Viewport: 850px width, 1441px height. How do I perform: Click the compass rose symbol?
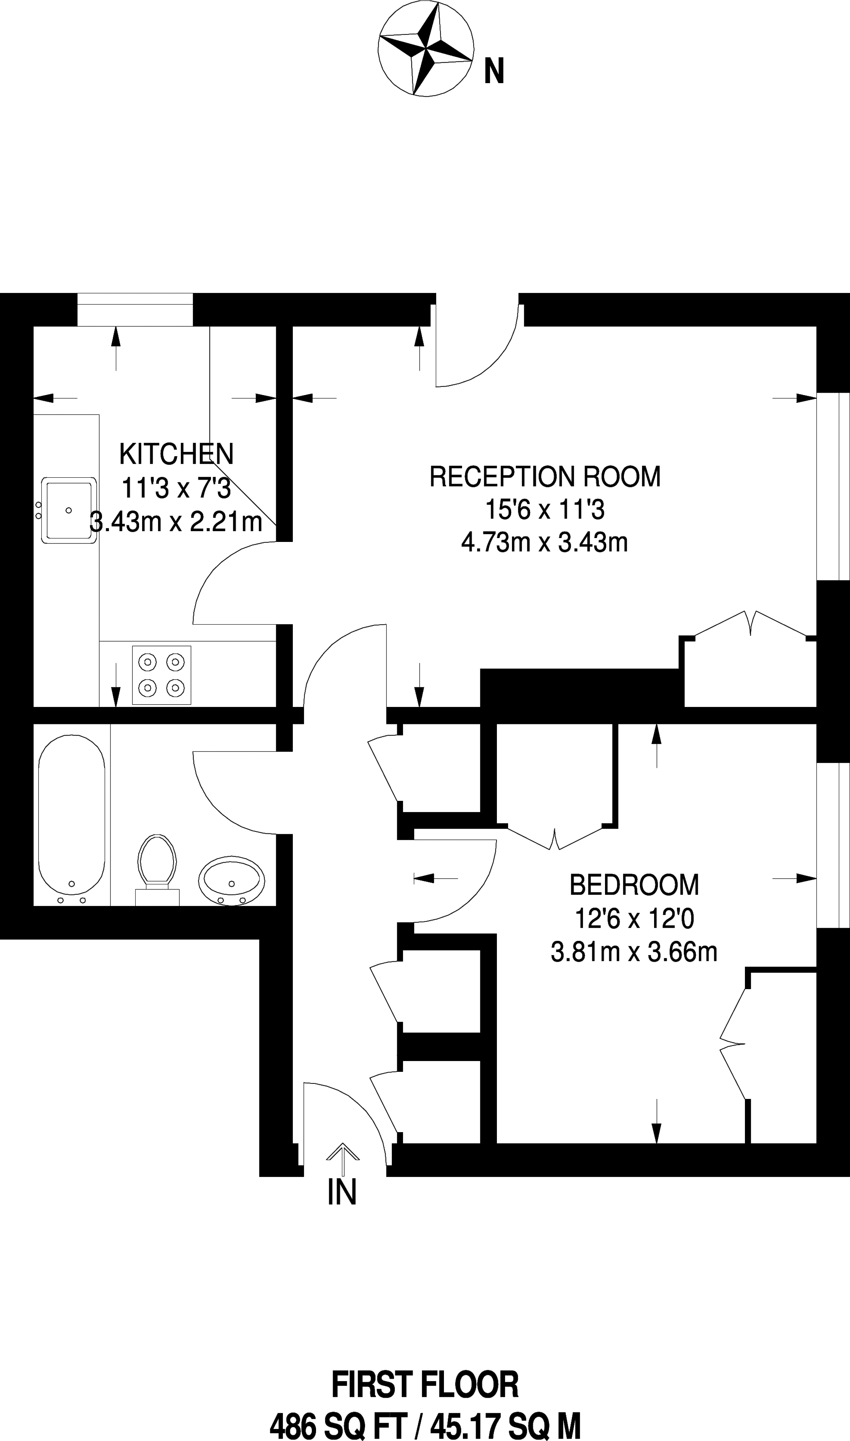click(x=425, y=49)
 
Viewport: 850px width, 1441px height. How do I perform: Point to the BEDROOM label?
click(x=634, y=885)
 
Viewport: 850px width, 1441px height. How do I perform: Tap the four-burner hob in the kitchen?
click(x=161, y=675)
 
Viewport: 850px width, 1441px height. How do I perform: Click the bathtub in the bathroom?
click(x=71, y=814)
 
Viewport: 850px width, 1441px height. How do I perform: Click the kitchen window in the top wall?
click(x=135, y=309)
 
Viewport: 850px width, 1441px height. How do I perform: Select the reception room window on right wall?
click(x=832, y=487)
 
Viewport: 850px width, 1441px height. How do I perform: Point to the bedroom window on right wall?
click(x=832, y=845)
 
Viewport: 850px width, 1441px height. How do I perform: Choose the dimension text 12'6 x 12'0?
click(x=634, y=919)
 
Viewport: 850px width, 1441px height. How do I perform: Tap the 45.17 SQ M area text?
click(x=507, y=1424)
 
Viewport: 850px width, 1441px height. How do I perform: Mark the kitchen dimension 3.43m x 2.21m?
click(x=177, y=522)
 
